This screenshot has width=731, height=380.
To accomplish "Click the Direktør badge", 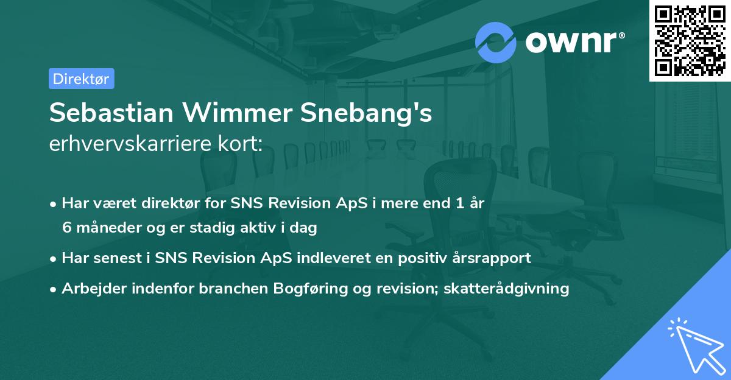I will tap(81, 79).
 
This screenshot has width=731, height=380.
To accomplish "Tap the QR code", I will tap(688, 40).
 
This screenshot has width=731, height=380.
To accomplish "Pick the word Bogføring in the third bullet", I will tap(299, 288).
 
